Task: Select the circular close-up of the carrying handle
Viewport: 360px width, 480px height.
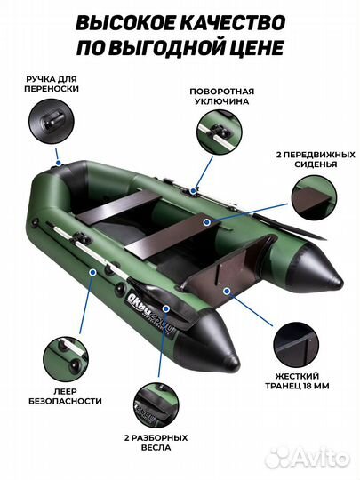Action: click(x=52, y=121)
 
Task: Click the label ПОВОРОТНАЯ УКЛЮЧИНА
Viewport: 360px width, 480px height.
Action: click(x=222, y=96)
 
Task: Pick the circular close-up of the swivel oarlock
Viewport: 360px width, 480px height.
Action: click(x=220, y=132)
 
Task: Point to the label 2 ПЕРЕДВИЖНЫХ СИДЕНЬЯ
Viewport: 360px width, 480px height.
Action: click(x=316, y=159)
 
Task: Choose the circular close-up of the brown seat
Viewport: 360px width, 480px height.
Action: click(x=314, y=196)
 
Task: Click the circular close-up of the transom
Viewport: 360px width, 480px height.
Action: click(x=296, y=345)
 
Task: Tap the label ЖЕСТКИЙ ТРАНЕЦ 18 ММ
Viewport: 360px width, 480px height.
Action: click(x=297, y=380)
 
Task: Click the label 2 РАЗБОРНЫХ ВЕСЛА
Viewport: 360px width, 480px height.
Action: click(x=156, y=443)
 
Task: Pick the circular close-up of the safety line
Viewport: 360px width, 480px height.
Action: click(x=66, y=360)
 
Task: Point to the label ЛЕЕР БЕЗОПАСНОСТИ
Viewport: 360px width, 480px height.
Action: click(x=65, y=396)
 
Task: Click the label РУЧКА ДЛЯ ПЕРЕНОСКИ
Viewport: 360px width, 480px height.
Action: click(x=52, y=84)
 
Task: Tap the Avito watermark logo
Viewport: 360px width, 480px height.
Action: click(x=307, y=459)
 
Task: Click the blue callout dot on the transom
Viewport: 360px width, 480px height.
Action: click(x=227, y=291)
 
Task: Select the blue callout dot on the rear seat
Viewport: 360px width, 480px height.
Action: click(x=207, y=222)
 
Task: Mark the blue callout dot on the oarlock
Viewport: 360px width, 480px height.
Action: click(x=193, y=191)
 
